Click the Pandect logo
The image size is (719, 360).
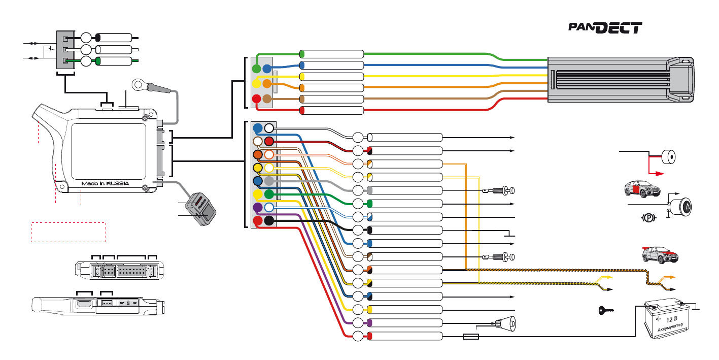tap(605, 28)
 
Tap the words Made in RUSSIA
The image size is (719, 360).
tap(106, 183)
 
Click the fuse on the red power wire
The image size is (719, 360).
tap(470, 336)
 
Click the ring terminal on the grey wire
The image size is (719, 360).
tap(139, 84)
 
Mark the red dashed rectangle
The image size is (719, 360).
tap(69, 232)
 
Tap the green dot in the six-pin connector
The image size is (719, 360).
tap(257, 68)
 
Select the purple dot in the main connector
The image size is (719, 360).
tap(258, 208)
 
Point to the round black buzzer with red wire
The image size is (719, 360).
tap(669, 157)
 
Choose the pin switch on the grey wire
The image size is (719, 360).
tap(503, 190)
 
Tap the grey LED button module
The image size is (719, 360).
tap(201, 209)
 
